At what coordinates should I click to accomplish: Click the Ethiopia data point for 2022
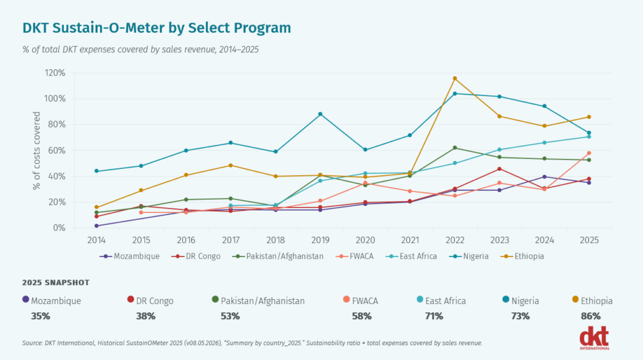[455, 79]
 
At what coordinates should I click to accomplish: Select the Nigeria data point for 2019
[320, 114]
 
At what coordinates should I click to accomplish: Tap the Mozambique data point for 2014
[96, 226]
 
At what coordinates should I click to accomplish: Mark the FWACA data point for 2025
[589, 153]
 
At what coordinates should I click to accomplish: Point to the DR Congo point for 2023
[499, 169]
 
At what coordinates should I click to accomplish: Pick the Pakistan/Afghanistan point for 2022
[455, 148]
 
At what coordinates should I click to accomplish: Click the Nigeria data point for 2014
[96, 171]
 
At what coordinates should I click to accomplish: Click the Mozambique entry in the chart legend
[129, 256]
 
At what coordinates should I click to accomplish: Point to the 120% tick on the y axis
[55, 73]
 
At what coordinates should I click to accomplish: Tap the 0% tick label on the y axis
[59, 228]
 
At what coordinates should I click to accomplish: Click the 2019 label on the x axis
[320, 240]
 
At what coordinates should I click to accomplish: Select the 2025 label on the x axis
[589, 240]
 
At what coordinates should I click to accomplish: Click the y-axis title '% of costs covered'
[36, 151]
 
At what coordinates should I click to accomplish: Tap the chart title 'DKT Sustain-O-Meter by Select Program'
[156, 28]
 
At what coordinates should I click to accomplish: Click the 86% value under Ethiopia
[590, 316]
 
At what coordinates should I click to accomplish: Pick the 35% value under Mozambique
[40, 316]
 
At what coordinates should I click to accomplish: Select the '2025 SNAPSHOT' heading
[56, 283]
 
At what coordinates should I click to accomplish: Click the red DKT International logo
[595, 338]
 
